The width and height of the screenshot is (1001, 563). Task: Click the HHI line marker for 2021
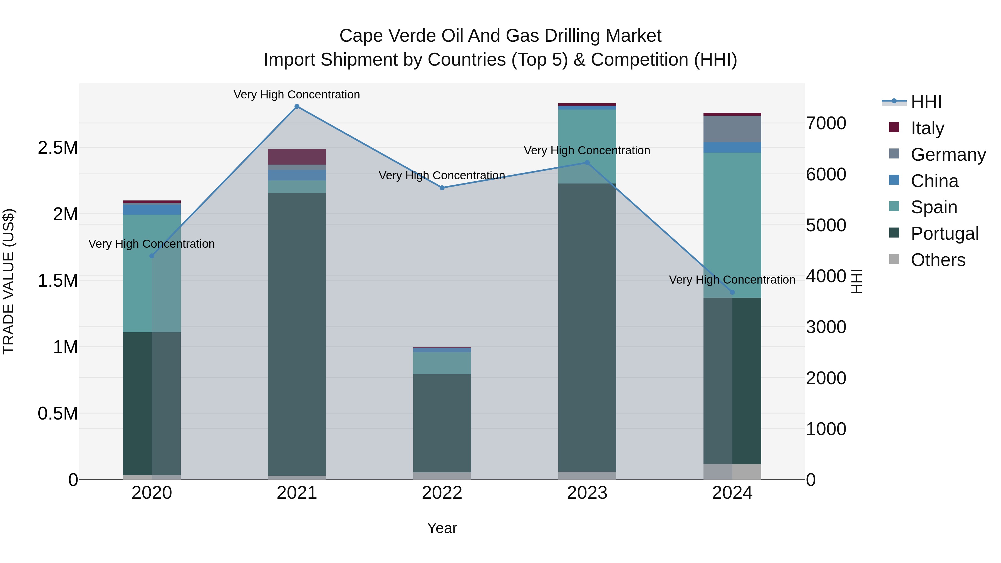pos(297,106)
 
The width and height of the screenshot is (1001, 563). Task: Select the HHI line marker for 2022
pos(442,188)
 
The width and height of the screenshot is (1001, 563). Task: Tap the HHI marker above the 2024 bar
pos(732,292)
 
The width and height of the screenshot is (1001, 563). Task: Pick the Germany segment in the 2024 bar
pos(732,129)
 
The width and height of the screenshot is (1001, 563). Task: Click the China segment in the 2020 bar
pos(152,209)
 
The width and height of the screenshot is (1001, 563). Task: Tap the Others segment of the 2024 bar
pos(732,472)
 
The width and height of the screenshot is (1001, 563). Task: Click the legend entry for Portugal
pos(944,234)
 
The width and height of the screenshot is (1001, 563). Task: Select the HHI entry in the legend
pos(926,102)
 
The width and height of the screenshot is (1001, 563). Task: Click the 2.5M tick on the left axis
pos(58,148)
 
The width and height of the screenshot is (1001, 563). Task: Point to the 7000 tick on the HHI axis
pos(826,123)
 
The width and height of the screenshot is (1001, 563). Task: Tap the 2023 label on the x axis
pos(587,493)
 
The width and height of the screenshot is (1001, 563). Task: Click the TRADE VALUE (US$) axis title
pos(9,281)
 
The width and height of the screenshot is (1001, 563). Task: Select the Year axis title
pos(442,528)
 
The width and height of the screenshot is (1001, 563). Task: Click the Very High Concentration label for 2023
pos(587,150)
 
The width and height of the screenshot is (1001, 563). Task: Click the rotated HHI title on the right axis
pos(856,281)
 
